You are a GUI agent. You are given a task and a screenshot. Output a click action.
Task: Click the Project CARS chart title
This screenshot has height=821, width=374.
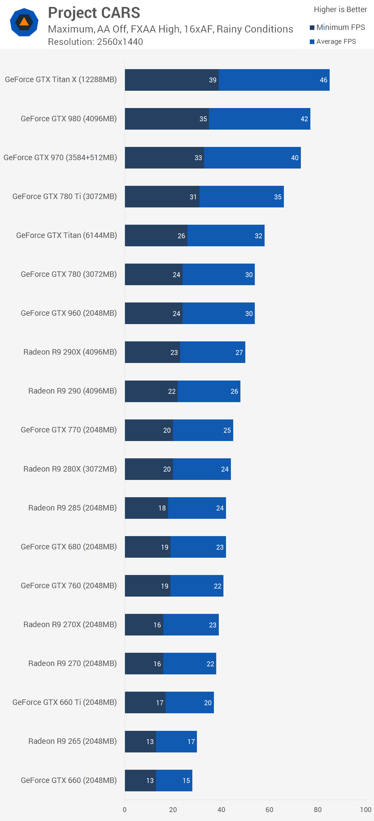(x=94, y=13)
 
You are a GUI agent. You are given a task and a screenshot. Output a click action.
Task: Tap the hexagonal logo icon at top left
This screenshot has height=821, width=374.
(x=24, y=22)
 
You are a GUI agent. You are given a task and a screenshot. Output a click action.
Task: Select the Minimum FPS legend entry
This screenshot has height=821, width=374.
(x=337, y=27)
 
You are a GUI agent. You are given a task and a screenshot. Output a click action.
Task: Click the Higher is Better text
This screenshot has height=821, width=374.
(x=340, y=10)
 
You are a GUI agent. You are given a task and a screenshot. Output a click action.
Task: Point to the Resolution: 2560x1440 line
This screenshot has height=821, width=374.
(x=95, y=42)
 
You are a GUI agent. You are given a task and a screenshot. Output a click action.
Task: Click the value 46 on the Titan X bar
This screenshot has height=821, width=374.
(x=323, y=80)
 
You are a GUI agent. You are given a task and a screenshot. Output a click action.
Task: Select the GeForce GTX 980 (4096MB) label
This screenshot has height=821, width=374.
(x=69, y=119)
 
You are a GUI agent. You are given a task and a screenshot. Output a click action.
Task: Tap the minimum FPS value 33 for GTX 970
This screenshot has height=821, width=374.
(x=198, y=158)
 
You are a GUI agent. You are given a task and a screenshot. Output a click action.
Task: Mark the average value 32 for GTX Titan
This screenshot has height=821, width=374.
(x=258, y=236)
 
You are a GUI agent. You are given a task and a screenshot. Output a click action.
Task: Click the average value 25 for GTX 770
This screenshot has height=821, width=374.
(x=227, y=430)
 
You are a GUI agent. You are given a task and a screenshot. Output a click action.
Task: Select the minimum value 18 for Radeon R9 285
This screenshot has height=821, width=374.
(x=162, y=508)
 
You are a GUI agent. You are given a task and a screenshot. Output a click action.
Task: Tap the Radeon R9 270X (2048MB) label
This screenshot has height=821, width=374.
(x=70, y=624)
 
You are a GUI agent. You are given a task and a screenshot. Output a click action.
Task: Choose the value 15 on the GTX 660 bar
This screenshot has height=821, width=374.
(x=186, y=780)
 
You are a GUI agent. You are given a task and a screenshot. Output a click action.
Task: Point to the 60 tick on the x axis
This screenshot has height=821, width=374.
(x=269, y=809)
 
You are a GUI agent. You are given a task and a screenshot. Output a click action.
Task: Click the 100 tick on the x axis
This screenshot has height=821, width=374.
(x=365, y=809)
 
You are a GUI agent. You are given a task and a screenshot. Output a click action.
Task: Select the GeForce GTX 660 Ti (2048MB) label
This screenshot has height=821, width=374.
(x=64, y=702)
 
